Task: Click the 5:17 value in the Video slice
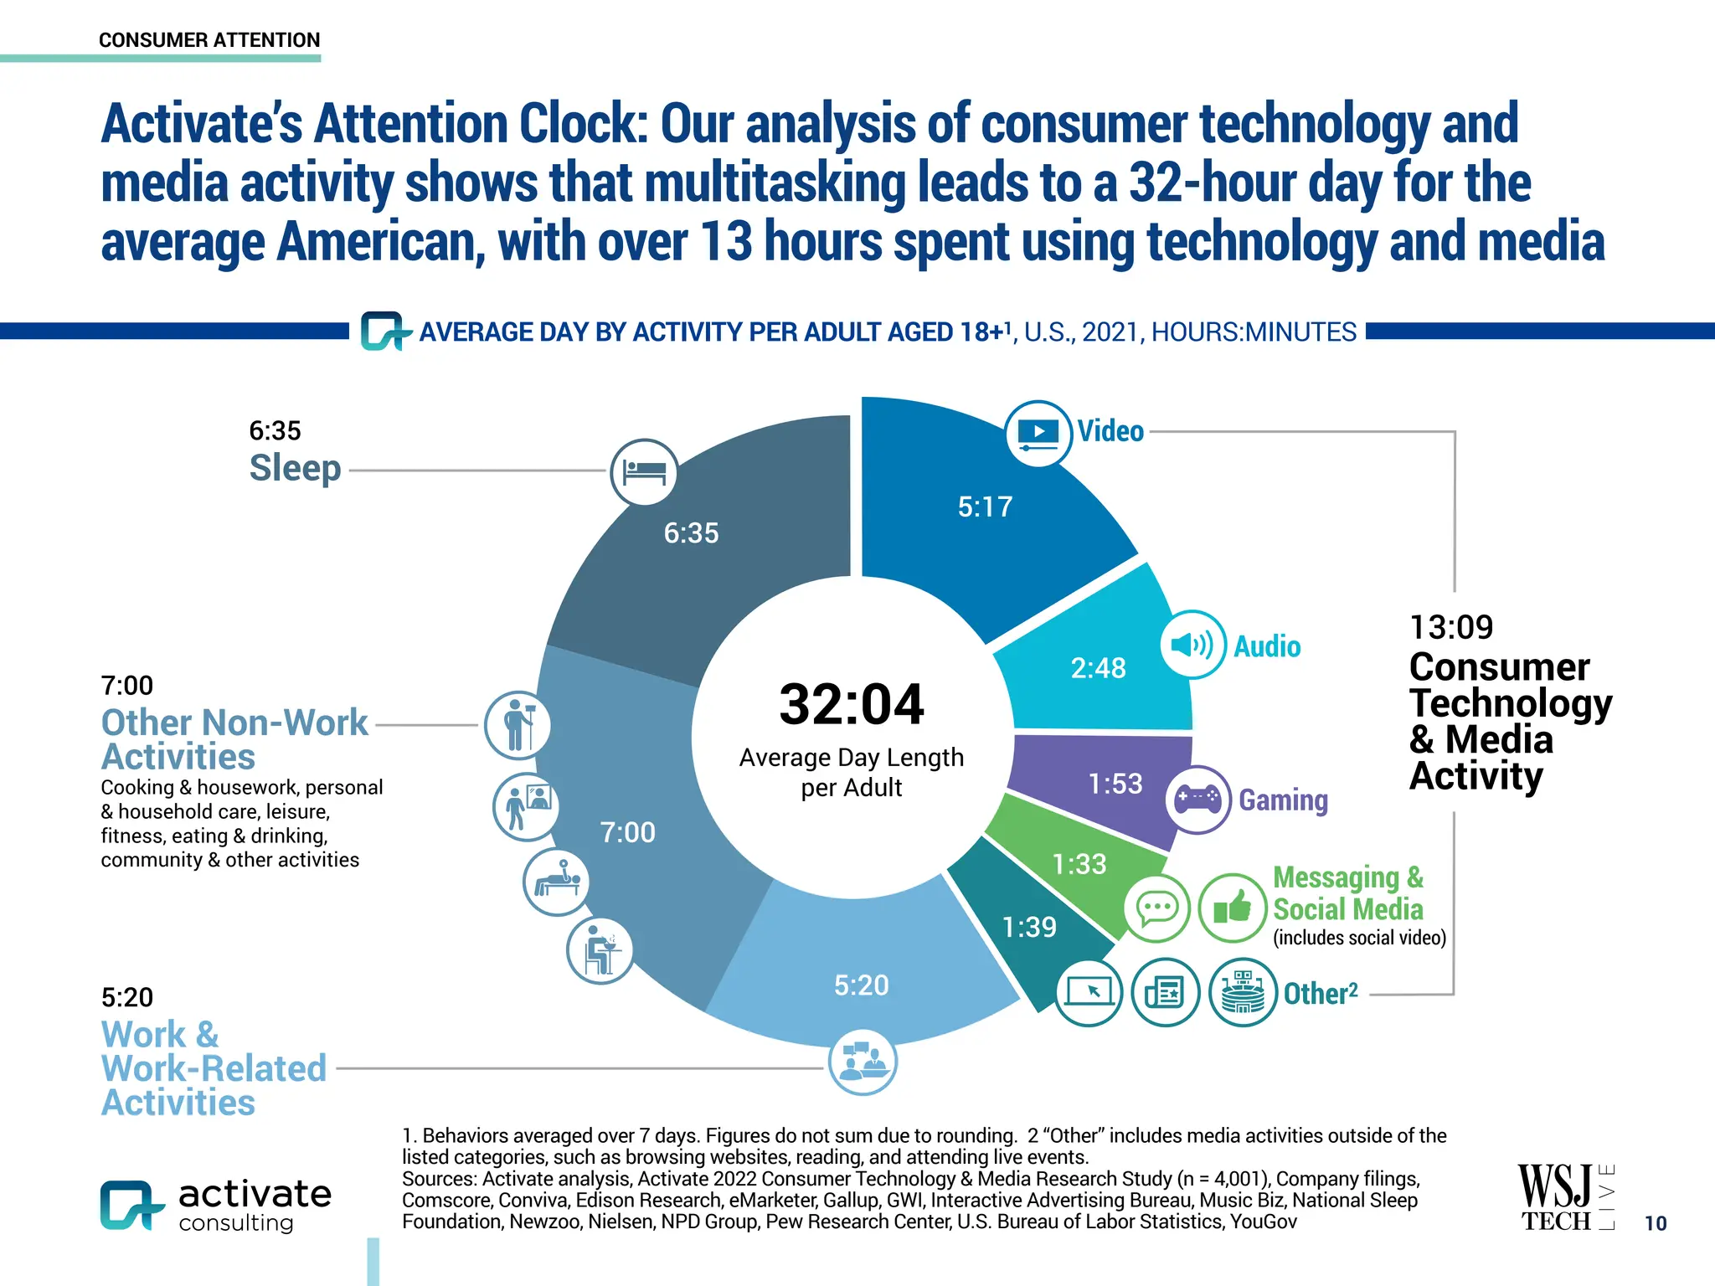985,507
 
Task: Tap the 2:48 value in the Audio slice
1098,668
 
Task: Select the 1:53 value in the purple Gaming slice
1115,784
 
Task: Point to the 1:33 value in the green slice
1079,864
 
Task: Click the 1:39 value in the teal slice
1029,928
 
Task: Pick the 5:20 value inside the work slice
861,985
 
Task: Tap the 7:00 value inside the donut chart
627,833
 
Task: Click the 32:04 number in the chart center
851,704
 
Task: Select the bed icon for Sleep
644,472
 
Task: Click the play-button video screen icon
1038,434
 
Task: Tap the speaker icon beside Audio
1192,645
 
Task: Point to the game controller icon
1197,799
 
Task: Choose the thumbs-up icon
1232,908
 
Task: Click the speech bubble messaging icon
1156,908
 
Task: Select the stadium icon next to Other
1243,992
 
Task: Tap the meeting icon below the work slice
862,1061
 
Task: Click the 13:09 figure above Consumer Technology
1450,627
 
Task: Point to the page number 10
1655,1223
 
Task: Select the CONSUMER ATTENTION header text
209,40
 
